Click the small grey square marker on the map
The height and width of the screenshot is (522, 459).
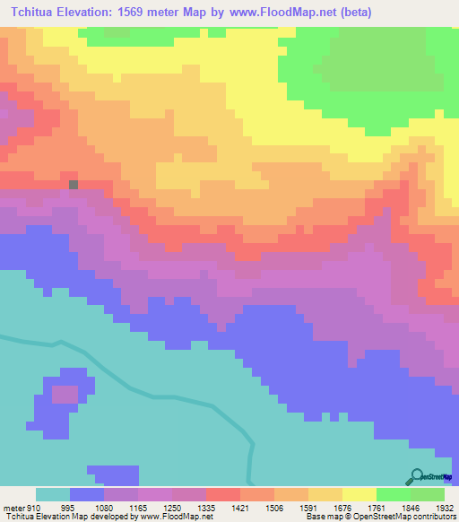pyautogui.click(x=74, y=185)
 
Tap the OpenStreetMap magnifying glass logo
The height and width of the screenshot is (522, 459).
pyautogui.click(x=418, y=476)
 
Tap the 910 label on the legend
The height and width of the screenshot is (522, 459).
pyautogui.click(x=34, y=508)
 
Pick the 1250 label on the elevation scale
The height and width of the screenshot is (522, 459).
pyautogui.click(x=160, y=508)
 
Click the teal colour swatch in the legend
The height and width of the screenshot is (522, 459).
pyautogui.click(x=52, y=494)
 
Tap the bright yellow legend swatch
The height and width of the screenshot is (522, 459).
pyautogui.click(x=359, y=494)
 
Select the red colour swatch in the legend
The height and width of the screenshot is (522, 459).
pyautogui.click(x=222, y=494)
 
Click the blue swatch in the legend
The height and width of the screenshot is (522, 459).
pyautogui.click(x=86, y=494)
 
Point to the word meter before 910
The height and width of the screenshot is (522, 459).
pyautogui.click(x=13, y=508)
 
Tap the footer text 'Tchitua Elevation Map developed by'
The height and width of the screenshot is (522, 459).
pyautogui.click(x=72, y=517)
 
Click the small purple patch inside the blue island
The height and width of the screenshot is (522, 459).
pyautogui.click(x=65, y=393)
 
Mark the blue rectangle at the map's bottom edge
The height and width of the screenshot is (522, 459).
pyautogui.click(x=113, y=475)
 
